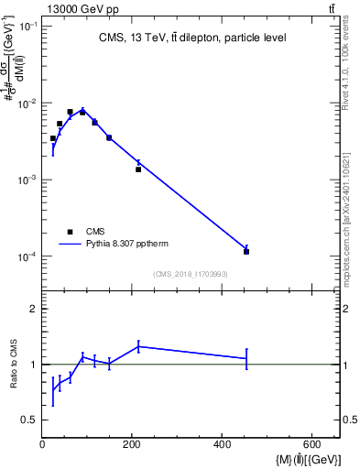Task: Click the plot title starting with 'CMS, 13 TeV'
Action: click(x=192, y=38)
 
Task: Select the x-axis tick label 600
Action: click(x=311, y=444)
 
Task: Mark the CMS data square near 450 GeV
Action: click(x=246, y=251)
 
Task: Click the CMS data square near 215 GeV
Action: click(x=138, y=169)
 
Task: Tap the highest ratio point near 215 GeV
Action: click(x=138, y=346)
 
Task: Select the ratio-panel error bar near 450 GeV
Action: click(x=246, y=358)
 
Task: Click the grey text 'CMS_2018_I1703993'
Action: click(x=191, y=274)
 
